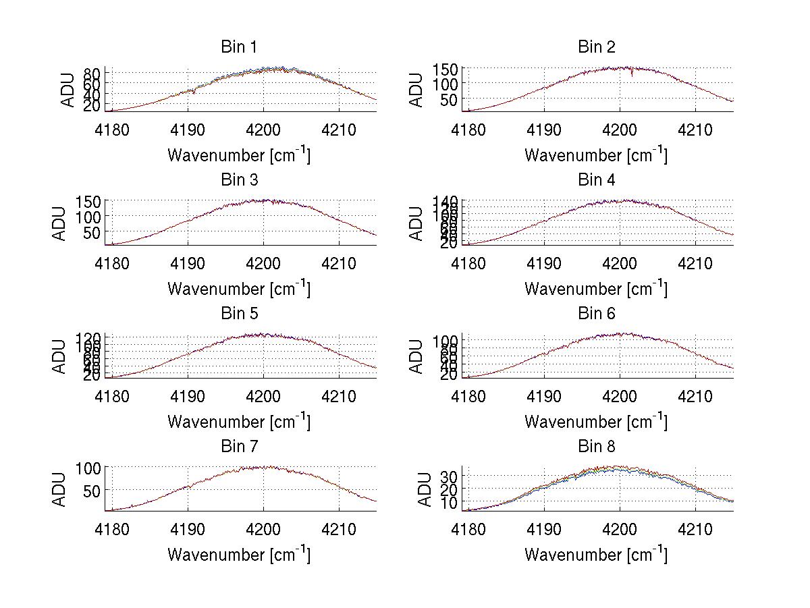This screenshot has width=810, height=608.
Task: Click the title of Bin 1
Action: tap(239, 47)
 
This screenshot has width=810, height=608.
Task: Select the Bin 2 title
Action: tap(596, 47)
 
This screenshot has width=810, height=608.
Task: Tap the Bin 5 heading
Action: tap(239, 314)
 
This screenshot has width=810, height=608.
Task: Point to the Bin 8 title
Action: tap(596, 447)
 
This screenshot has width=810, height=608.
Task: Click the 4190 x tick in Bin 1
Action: tap(188, 129)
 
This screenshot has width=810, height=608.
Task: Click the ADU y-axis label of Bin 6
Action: tap(417, 357)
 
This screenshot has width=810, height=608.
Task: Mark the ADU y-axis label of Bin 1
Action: tap(68, 90)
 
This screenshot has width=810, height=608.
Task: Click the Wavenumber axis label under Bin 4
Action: tap(596, 289)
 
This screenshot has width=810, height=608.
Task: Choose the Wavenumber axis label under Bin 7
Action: tap(239, 555)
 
